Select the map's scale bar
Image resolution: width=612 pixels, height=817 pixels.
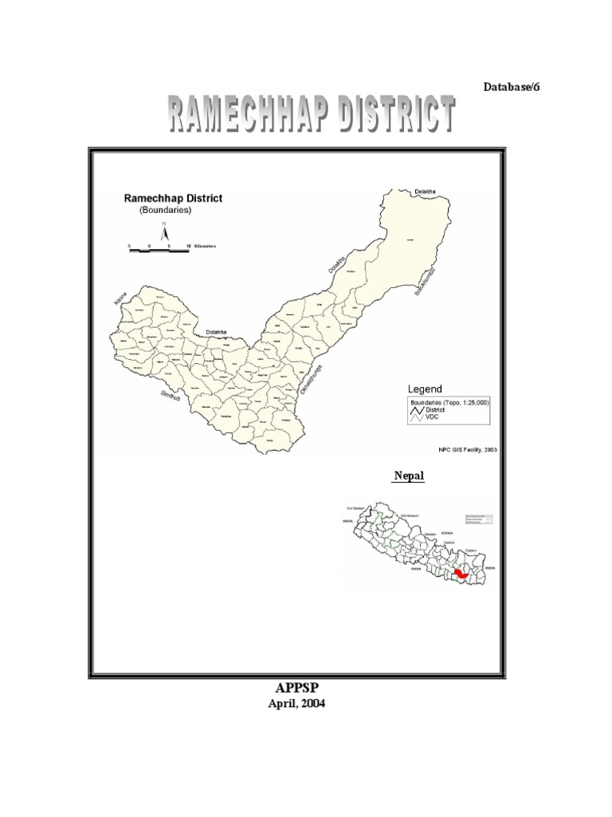click(159, 247)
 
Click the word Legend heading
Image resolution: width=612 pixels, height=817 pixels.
click(426, 389)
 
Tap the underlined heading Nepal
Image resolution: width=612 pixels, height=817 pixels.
click(407, 476)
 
